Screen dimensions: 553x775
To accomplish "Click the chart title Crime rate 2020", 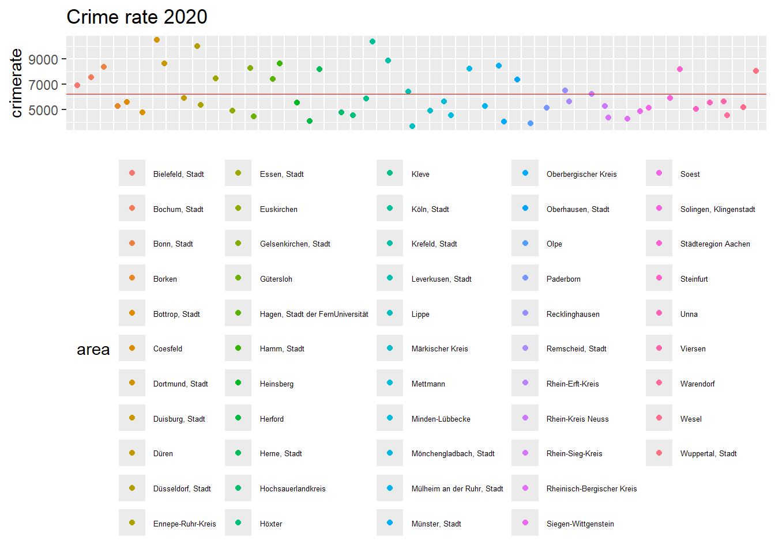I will tap(137, 17).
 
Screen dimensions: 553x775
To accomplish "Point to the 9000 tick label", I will tap(43, 59).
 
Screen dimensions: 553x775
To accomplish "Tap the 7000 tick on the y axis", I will tap(43, 85).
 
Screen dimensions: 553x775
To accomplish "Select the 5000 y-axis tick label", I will tap(43, 110).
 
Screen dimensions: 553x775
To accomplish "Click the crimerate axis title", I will tap(16, 83).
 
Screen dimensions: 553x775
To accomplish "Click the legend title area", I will tap(93, 350).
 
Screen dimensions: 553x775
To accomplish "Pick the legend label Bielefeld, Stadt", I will tap(178, 174).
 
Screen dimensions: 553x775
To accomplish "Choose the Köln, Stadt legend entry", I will tap(430, 209).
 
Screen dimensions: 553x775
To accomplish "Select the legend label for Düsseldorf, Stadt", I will tap(182, 488).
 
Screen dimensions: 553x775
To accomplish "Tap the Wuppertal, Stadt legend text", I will tap(708, 453).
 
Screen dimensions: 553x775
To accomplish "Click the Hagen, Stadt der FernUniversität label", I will tap(314, 314).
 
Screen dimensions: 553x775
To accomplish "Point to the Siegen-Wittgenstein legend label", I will tap(580, 524).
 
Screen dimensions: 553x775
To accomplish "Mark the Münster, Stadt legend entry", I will tap(436, 524).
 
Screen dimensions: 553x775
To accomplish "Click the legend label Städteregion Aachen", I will tap(715, 244).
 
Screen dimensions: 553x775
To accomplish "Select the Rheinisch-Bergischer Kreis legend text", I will tap(592, 488).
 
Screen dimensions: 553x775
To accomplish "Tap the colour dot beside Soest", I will tap(659, 173).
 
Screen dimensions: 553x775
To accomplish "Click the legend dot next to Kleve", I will tap(390, 173).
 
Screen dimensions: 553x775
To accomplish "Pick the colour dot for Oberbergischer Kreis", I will tap(525, 173).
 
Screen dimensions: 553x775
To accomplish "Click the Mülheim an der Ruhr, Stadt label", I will tap(457, 488).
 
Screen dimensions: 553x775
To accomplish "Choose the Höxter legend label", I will tap(271, 524).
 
